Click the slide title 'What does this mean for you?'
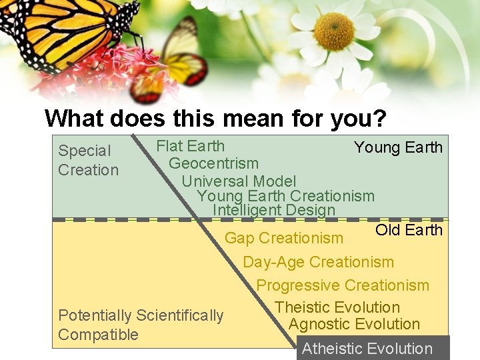coord(215,119)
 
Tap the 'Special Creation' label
coord(88,161)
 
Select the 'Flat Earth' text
coord(190,146)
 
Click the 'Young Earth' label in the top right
coord(398,147)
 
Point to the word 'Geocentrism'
coord(213,163)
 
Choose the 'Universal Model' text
coord(239,181)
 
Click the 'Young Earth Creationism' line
coord(285,196)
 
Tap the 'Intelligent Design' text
coord(273,210)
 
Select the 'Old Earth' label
coord(409,230)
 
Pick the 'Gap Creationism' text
coord(284,238)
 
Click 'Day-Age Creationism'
coord(318,262)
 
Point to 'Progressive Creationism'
coord(343,285)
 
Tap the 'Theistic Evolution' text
coord(337,307)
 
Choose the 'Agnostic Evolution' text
coord(354,325)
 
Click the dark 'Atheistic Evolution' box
coord(372,348)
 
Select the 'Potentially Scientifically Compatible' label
coord(141,325)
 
